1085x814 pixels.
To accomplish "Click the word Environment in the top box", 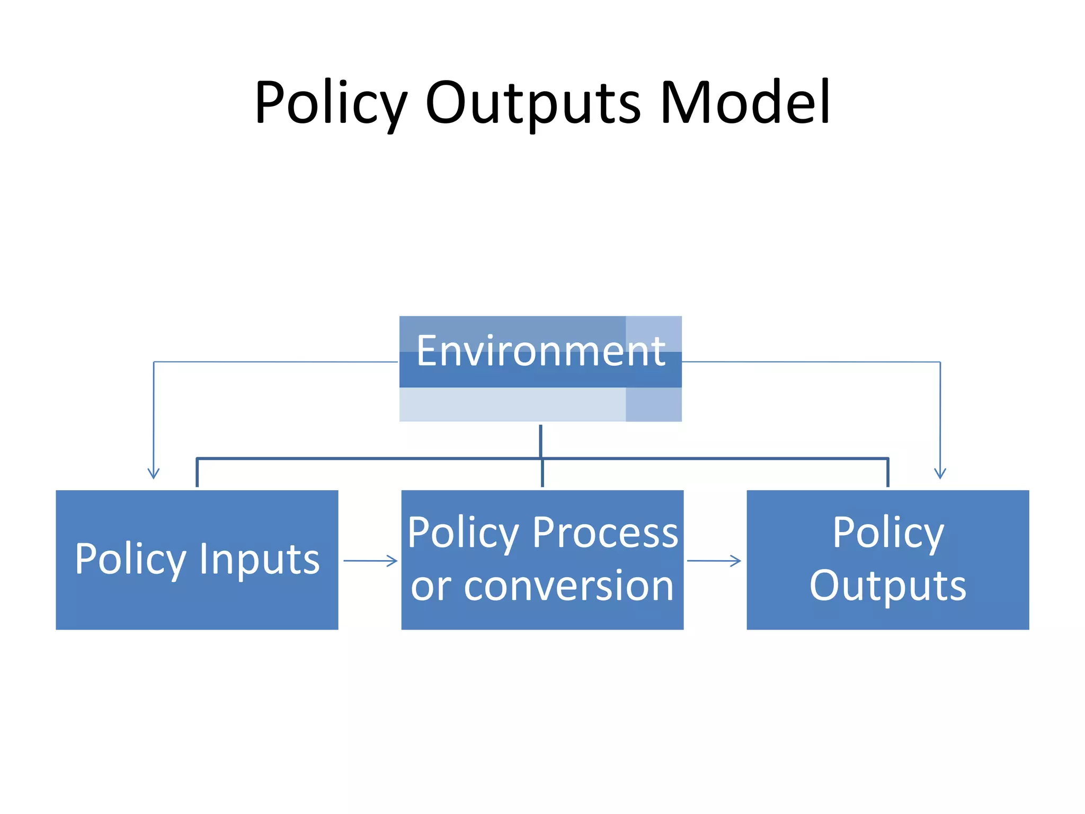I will tap(540, 351).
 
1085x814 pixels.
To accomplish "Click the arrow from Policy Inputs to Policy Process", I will tap(370, 561).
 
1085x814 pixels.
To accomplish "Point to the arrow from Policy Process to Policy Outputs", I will tap(714, 561).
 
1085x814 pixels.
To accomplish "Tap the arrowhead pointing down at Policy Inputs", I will tap(154, 473).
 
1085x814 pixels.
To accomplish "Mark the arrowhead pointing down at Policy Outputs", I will tap(940, 473).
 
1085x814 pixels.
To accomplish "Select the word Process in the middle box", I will tap(605, 533).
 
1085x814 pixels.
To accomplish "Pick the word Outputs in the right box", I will tap(887, 586).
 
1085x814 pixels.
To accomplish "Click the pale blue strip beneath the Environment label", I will tap(512, 405).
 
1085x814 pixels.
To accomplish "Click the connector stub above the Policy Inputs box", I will tap(197, 472).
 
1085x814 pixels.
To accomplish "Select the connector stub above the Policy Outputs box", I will tap(888, 472).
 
